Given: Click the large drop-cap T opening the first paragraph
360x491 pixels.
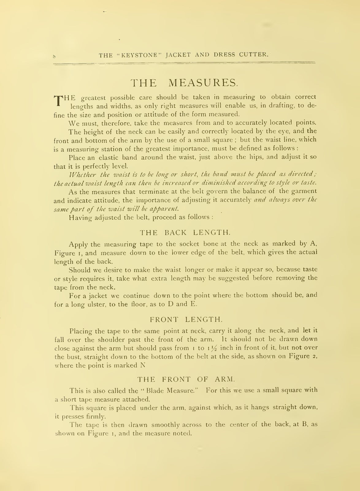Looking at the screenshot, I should click(58, 101).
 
